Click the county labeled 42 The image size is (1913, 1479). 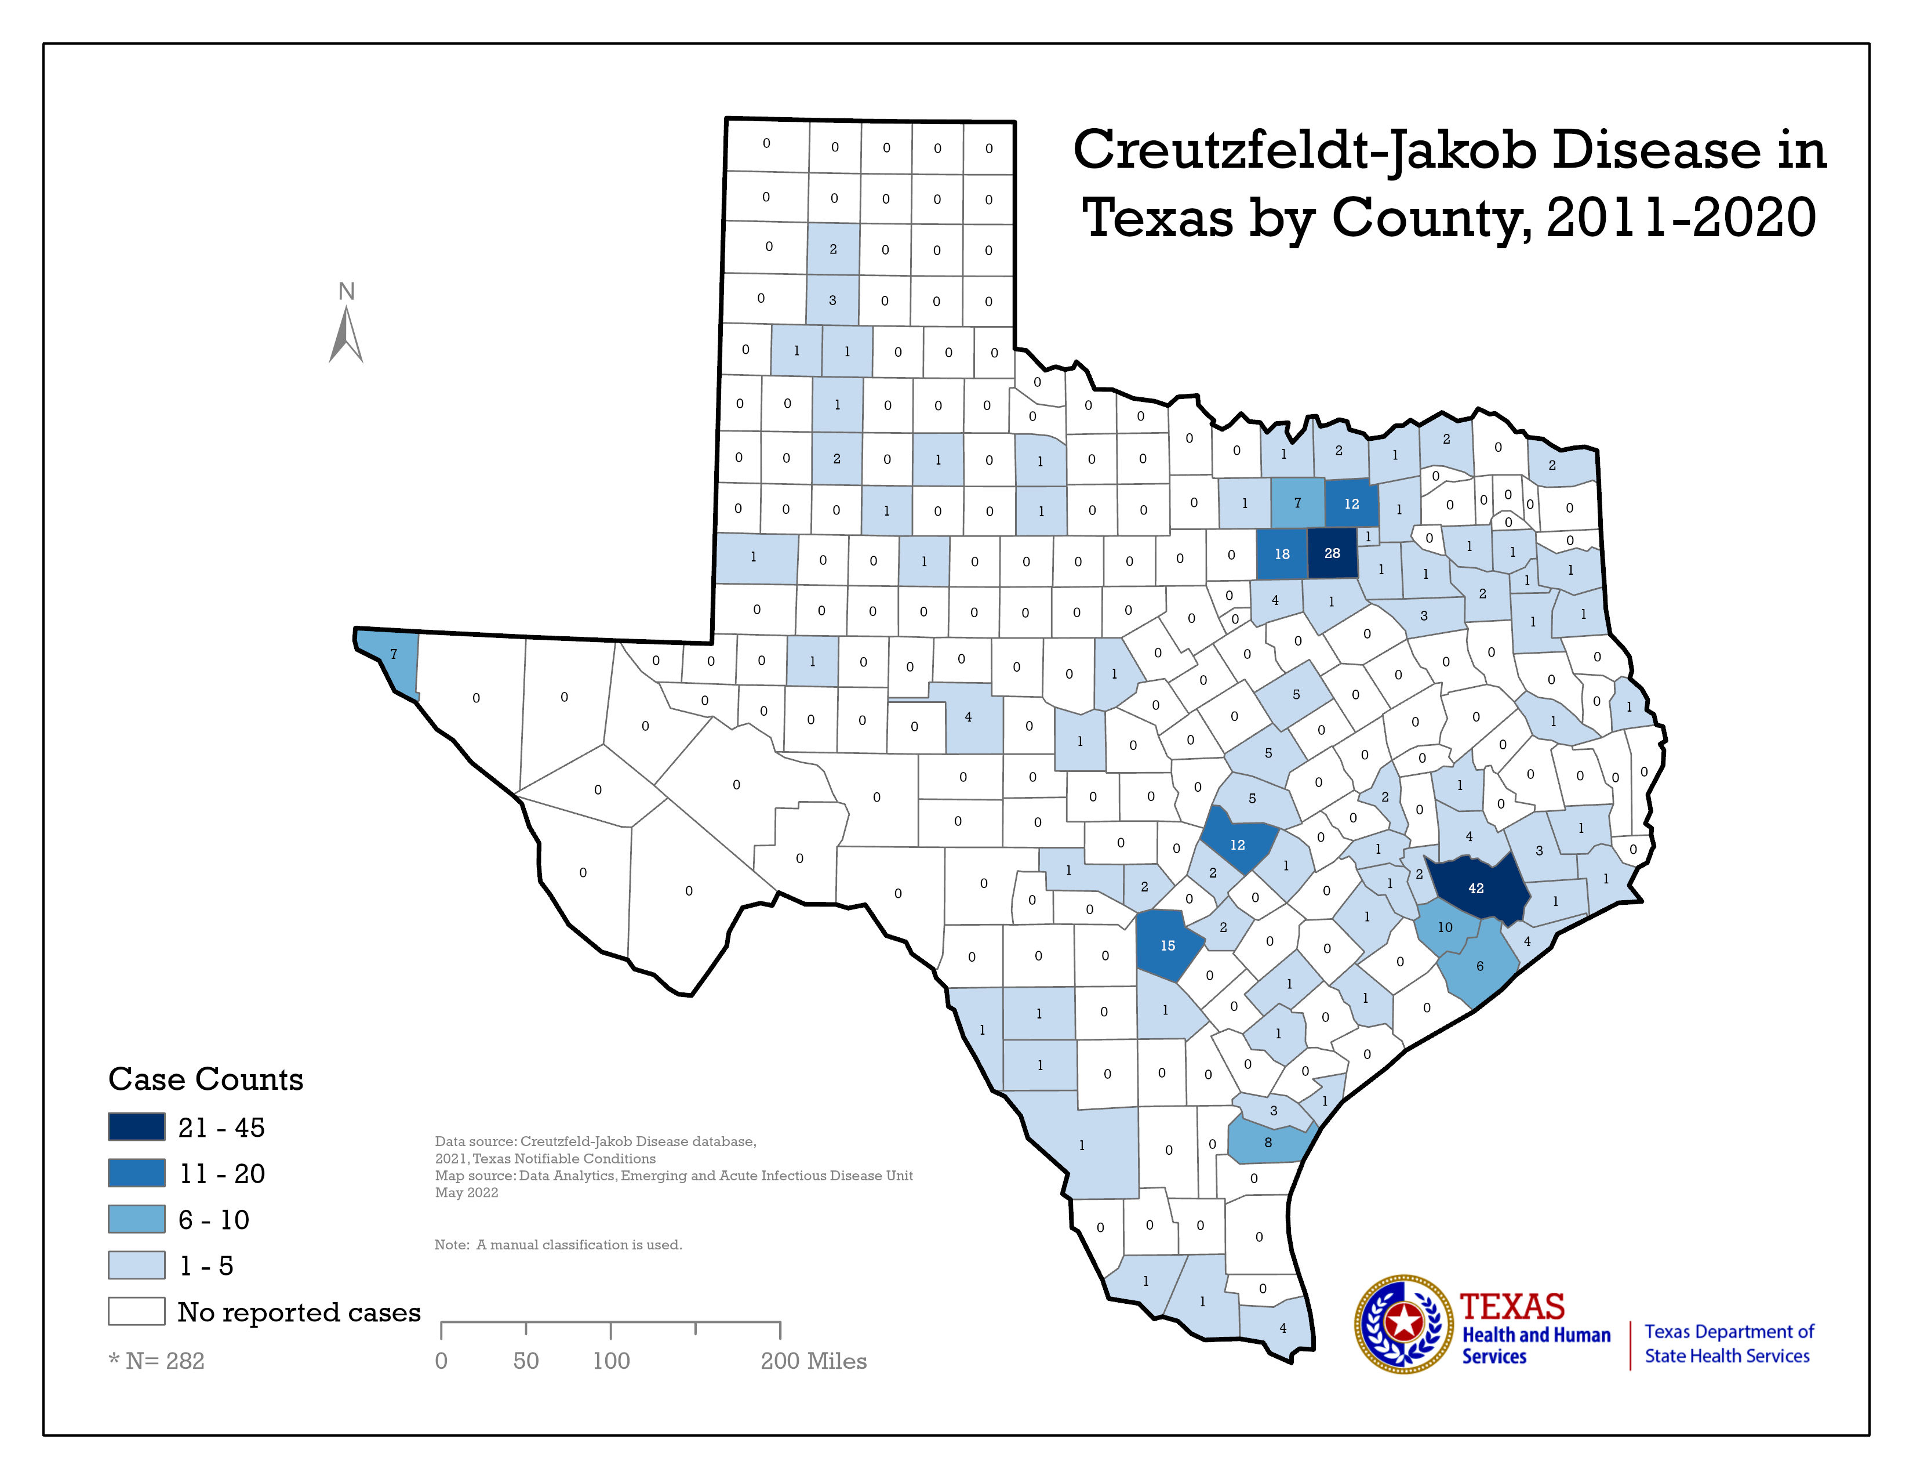pos(1476,887)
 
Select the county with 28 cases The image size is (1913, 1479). pos(1332,553)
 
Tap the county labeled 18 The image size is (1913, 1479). pos(1282,554)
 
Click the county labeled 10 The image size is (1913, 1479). pos(1445,927)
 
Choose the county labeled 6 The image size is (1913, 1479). pos(1479,966)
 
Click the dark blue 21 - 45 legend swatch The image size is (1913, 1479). pos(137,1127)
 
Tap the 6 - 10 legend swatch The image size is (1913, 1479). pos(137,1219)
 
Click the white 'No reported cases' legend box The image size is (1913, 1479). pos(137,1311)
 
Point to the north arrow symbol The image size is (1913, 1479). pos(346,333)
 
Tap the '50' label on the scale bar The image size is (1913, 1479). pos(526,1361)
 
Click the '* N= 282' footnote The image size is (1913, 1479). pos(156,1361)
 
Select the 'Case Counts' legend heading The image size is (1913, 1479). pos(206,1079)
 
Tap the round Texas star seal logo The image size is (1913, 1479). pos(1404,1323)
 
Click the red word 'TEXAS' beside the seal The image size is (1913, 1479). pos(1512,1306)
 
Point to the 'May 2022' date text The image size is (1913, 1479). pos(466,1192)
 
